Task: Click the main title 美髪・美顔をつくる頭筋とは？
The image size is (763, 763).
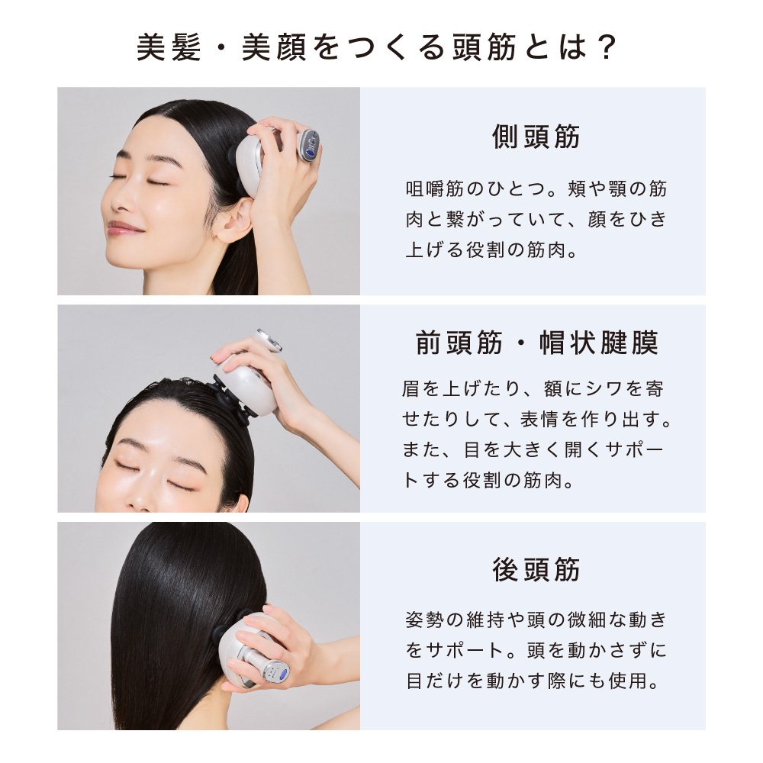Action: [x=377, y=47]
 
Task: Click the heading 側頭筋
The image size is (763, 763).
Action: [x=536, y=137]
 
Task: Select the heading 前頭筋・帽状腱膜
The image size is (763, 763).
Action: [x=536, y=343]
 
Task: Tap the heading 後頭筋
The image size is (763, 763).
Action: [x=536, y=569]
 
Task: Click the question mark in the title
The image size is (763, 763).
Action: [x=607, y=47]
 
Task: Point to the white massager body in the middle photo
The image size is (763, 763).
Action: [x=247, y=385]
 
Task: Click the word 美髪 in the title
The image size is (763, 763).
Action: [x=169, y=47]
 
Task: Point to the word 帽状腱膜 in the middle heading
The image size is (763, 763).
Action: [x=598, y=343]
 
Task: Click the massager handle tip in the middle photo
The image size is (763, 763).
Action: [x=268, y=340]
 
